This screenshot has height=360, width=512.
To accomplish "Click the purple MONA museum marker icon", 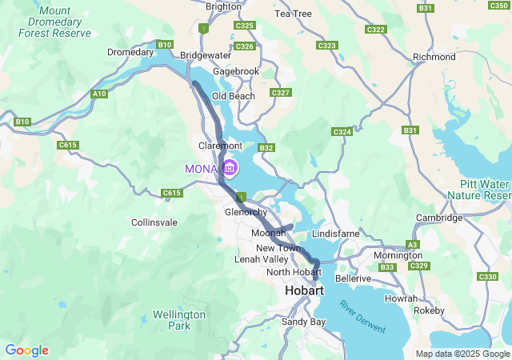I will pyautogui.click(x=230, y=168).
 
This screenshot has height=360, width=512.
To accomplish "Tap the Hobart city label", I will pyautogui.click(x=304, y=291).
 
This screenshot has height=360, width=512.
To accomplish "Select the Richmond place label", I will pyautogui.click(x=434, y=58).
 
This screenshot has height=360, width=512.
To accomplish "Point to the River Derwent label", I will pyautogui.click(x=362, y=318).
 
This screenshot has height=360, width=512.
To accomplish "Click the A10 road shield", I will pyautogui.click(x=99, y=94).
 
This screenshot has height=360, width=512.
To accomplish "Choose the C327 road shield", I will pyautogui.click(x=280, y=94).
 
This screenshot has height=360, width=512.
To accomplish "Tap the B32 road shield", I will pyautogui.click(x=266, y=148).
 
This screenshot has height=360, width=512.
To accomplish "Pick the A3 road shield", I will pyautogui.click(x=413, y=244).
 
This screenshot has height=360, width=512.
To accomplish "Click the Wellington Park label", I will pyautogui.click(x=180, y=320).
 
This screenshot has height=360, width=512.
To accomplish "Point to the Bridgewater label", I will pyautogui.click(x=206, y=55).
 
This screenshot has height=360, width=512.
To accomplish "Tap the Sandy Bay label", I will pyautogui.click(x=304, y=322).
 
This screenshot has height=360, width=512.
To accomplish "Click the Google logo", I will pyautogui.click(x=26, y=350).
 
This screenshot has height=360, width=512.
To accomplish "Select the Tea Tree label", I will pyautogui.click(x=293, y=14).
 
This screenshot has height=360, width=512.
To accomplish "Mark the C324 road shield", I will pyautogui.click(x=342, y=131).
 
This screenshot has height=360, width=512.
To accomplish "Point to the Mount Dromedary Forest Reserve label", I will pyautogui.click(x=55, y=22).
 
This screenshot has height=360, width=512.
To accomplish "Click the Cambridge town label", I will pyautogui.click(x=439, y=218).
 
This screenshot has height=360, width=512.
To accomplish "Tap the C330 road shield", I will pyautogui.click(x=487, y=276).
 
